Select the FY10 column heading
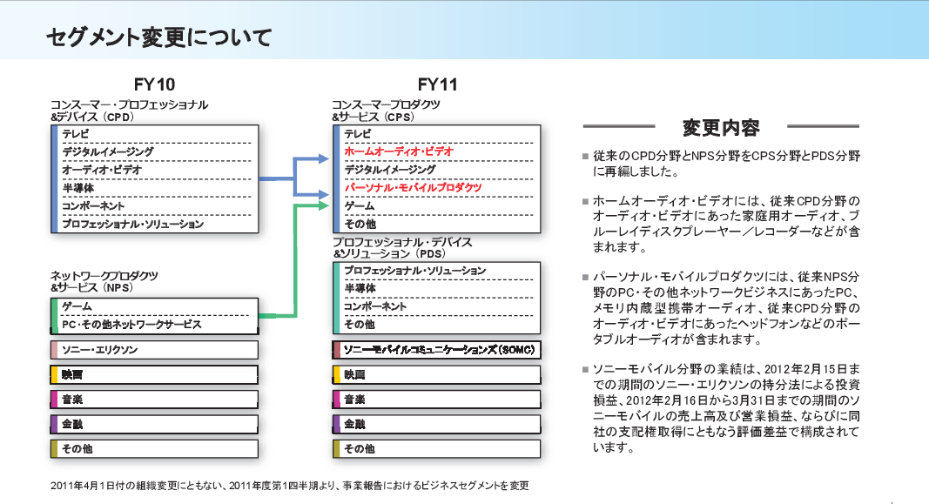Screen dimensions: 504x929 pyautogui.click(x=154, y=84)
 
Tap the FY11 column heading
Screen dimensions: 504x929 pyautogui.click(x=437, y=84)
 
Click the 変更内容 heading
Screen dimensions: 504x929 pyautogui.click(x=721, y=128)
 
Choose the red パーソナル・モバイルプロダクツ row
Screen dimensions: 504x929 pyautogui.click(x=413, y=187)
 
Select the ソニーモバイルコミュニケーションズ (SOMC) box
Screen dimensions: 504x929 pyautogui.click(x=438, y=350)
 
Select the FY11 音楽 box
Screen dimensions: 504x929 pyautogui.click(x=438, y=400)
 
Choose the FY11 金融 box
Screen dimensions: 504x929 pyautogui.click(x=438, y=424)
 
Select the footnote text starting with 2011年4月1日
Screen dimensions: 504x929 pyautogui.click(x=289, y=485)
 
